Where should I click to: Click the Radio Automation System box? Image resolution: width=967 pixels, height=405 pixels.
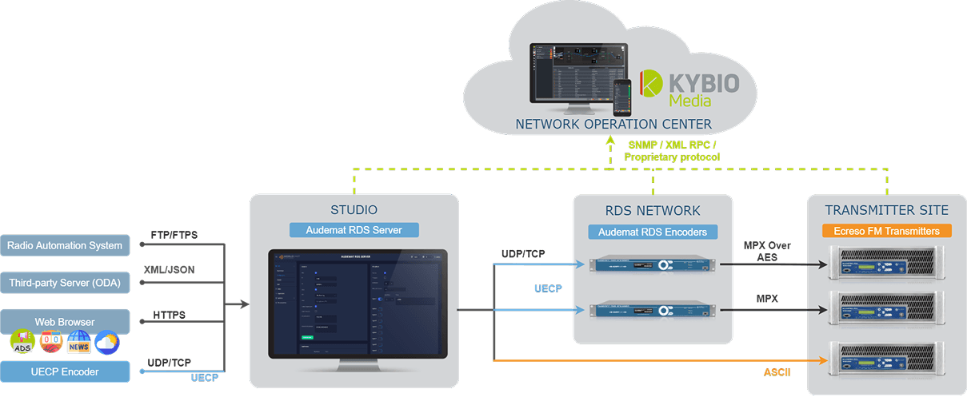(64, 245)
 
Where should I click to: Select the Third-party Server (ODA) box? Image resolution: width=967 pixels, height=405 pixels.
(64, 284)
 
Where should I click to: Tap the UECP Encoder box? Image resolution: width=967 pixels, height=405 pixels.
(64, 371)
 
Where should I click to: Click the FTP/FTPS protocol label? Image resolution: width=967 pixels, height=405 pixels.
(174, 236)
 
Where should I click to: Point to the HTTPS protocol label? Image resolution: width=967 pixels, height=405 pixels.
(170, 316)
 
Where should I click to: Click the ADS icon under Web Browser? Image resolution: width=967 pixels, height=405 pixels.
(22, 343)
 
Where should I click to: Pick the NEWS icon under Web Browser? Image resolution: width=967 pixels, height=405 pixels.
(78, 343)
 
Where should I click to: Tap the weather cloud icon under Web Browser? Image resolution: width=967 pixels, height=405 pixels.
(106, 343)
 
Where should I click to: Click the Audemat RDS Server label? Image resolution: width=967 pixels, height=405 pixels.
(354, 230)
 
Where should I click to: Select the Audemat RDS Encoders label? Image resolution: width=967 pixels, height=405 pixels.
(653, 232)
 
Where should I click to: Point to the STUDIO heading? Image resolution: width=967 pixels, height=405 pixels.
(354, 211)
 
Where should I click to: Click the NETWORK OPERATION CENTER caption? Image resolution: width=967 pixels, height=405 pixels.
(613, 125)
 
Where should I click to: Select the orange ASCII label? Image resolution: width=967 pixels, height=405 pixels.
(777, 371)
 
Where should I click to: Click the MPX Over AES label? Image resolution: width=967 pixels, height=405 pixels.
(767, 251)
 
